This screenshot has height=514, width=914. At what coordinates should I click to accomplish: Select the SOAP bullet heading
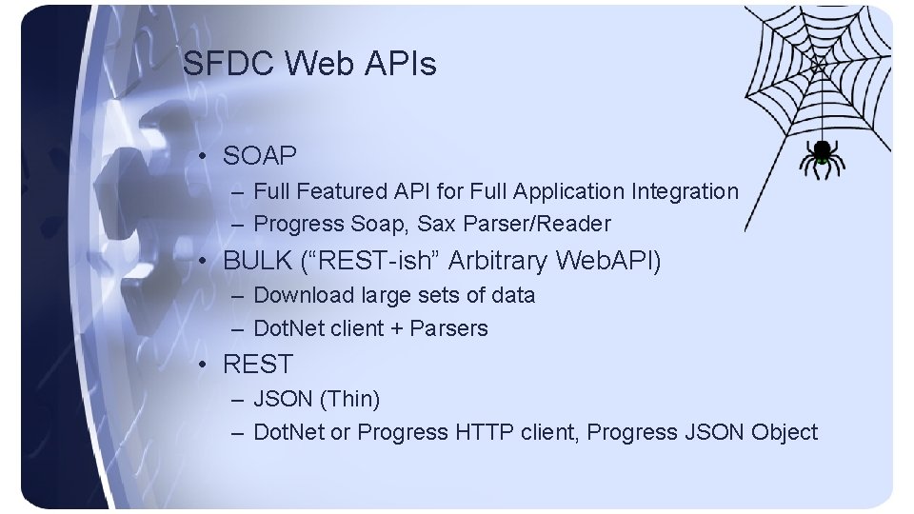pyautogui.click(x=260, y=155)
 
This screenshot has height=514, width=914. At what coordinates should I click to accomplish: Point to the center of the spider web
pyautogui.click(x=817, y=64)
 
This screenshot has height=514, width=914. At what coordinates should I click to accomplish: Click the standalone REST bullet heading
pyautogui.click(x=258, y=364)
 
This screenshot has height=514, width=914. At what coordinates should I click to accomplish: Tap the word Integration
pyautogui.click(x=685, y=191)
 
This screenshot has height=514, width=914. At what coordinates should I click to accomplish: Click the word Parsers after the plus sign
pyautogui.click(x=448, y=328)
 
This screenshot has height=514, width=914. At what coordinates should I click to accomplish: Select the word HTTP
pyautogui.click(x=485, y=432)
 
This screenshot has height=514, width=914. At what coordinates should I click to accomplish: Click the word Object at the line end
pyautogui.click(x=784, y=432)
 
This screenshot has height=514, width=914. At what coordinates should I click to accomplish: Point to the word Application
pyautogui.click(x=568, y=191)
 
